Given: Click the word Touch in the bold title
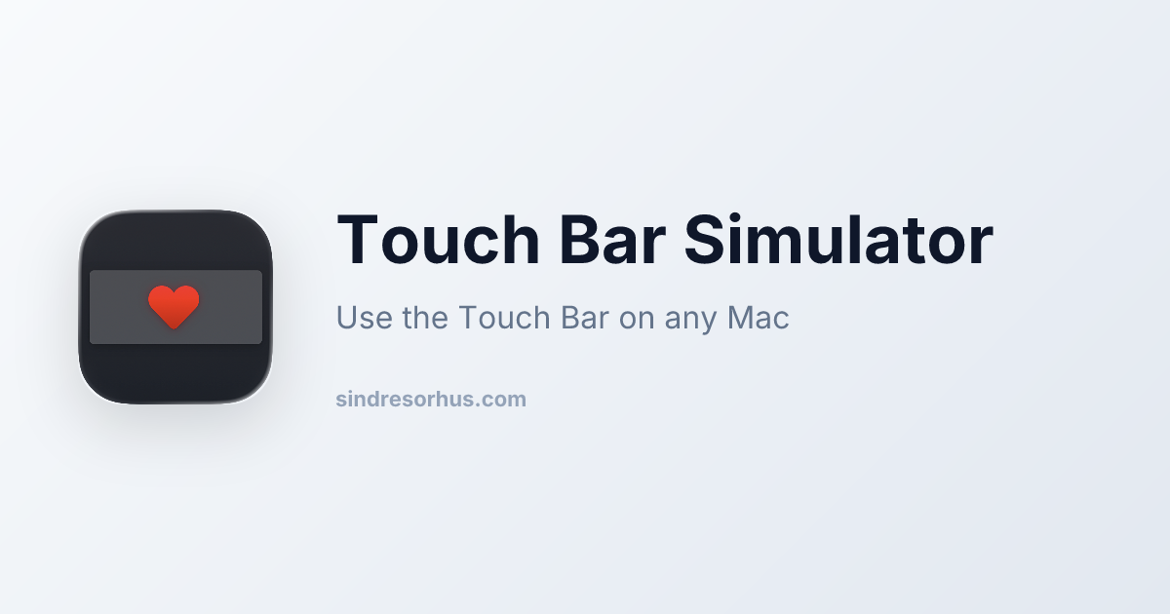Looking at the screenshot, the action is pos(439,240).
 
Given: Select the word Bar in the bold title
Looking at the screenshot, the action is pos(612,240).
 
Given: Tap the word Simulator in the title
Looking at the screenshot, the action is pos(838,239).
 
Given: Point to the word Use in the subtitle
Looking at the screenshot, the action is pos(364,317).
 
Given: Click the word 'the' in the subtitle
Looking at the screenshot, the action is pos(425,317).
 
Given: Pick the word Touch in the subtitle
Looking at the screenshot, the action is pos(505,317).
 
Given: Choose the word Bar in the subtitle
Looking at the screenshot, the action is pos(585,317).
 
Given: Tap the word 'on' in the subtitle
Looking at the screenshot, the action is pos(637,320).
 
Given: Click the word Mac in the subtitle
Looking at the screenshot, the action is pos(758,317).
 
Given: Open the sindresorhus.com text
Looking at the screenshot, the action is pos(431,399).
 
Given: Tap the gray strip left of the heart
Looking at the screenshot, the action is pos(119,307).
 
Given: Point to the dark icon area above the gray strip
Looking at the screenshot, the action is pos(175,240).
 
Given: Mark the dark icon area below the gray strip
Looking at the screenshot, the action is pos(175,373).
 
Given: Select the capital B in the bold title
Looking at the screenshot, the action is pos(579,240).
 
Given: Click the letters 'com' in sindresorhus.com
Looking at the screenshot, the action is pos(504,401).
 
